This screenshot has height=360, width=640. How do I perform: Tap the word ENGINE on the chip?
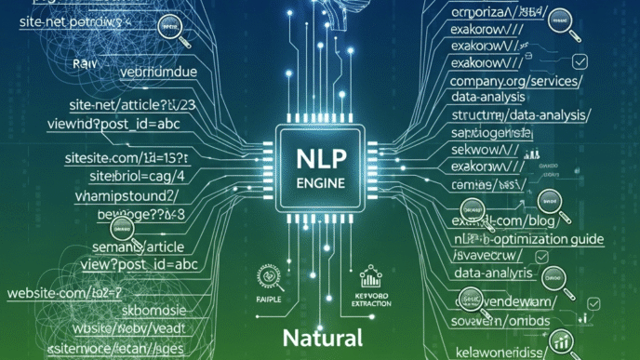319,185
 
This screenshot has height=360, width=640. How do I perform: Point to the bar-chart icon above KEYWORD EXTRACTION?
370,277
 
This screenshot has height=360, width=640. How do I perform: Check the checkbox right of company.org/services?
580,61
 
